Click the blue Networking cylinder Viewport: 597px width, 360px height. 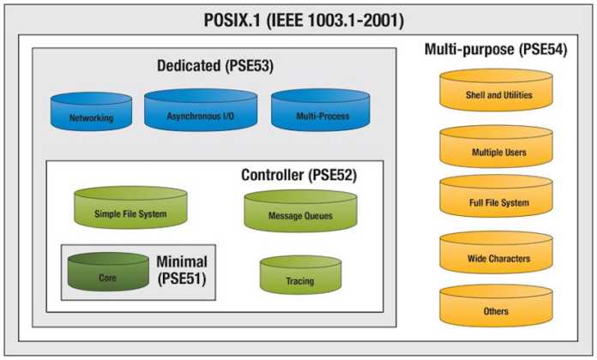pyautogui.click(x=91, y=113)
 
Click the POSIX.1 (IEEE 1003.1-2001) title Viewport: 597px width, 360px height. pyautogui.click(x=298, y=18)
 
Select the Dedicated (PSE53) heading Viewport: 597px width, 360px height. pyautogui.click(x=215, y=66)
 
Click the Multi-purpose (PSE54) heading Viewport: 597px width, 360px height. pyautogui.click(x=495, y=50)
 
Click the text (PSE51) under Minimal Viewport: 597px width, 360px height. pyautogui.click(x=182, y=279)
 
